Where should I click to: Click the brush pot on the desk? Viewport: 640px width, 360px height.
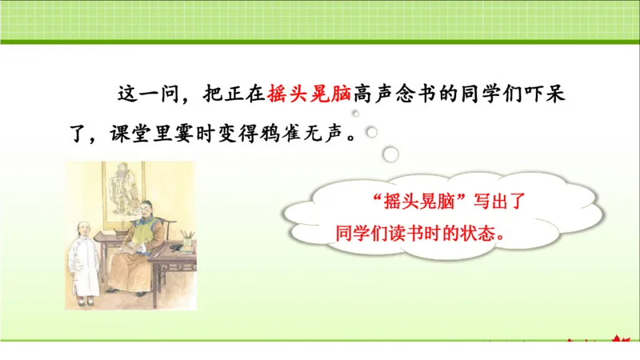coord(186,238)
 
